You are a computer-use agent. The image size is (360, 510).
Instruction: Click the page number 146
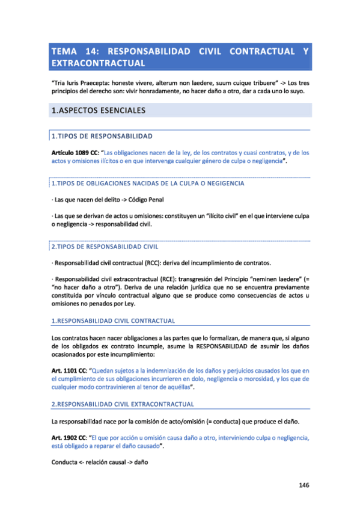click(x=304, y=485)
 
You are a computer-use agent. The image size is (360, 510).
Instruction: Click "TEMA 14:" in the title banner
click(x=71, y=52)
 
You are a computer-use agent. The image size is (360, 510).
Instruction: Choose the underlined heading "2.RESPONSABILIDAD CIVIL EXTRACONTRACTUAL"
click(x=123, y=404)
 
